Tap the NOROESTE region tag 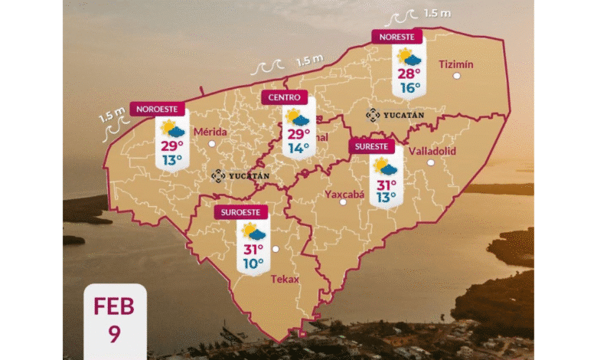point(156,109)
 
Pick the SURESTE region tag point(372,146)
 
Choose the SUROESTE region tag point(240,212)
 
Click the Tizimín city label point(456,64)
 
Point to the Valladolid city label point(432,151)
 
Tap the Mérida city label point(210,132)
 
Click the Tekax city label point(285,279)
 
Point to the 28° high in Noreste point(408,74)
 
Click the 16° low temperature point(408,87)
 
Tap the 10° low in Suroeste point(253,263)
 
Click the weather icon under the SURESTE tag point(385,166)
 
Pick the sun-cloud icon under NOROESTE point(171,128)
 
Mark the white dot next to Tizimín point(457,77)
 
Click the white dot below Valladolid point(431,162)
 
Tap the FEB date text point(113,307)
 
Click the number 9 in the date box point(113,335)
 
